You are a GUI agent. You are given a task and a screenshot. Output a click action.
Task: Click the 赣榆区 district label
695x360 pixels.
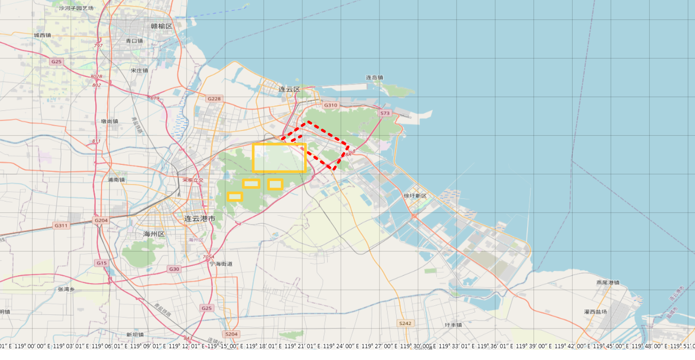coord(162,26)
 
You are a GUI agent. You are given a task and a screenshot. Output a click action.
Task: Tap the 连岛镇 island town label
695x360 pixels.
coord(374,77)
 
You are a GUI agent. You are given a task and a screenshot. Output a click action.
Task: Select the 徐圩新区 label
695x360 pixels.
coord(415,196)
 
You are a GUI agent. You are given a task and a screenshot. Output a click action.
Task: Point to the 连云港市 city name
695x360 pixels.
coord(200,219)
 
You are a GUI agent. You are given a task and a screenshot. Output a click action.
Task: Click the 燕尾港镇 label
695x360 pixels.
coord(607,283)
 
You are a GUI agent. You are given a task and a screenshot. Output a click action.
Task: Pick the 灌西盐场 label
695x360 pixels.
coord(595,312)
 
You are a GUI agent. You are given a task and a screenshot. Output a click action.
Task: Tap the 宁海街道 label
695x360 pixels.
coord(221,264)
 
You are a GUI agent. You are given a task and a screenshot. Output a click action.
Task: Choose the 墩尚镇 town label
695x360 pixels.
coord(109,121)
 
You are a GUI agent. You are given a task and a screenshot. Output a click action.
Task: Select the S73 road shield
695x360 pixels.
coord(385,113)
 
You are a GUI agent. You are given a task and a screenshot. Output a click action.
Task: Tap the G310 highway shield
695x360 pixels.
coord(331,105)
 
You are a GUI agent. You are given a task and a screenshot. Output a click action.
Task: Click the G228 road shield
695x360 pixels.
coord(214,98)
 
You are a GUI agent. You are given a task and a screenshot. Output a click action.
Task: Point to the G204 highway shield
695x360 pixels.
coord(101,220)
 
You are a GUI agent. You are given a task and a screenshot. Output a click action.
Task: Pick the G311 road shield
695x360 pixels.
coord(61,226)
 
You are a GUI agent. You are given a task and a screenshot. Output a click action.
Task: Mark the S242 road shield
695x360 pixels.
coord(405,323)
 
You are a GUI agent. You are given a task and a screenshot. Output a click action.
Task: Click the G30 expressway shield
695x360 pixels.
coord(174,269)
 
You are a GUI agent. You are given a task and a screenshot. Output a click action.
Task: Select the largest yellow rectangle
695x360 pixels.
coord(279,158)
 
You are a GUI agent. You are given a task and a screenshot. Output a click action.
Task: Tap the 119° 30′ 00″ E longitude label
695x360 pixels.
coord(416,346)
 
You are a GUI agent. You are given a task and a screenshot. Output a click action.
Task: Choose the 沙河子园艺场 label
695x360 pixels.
coord(76,8)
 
